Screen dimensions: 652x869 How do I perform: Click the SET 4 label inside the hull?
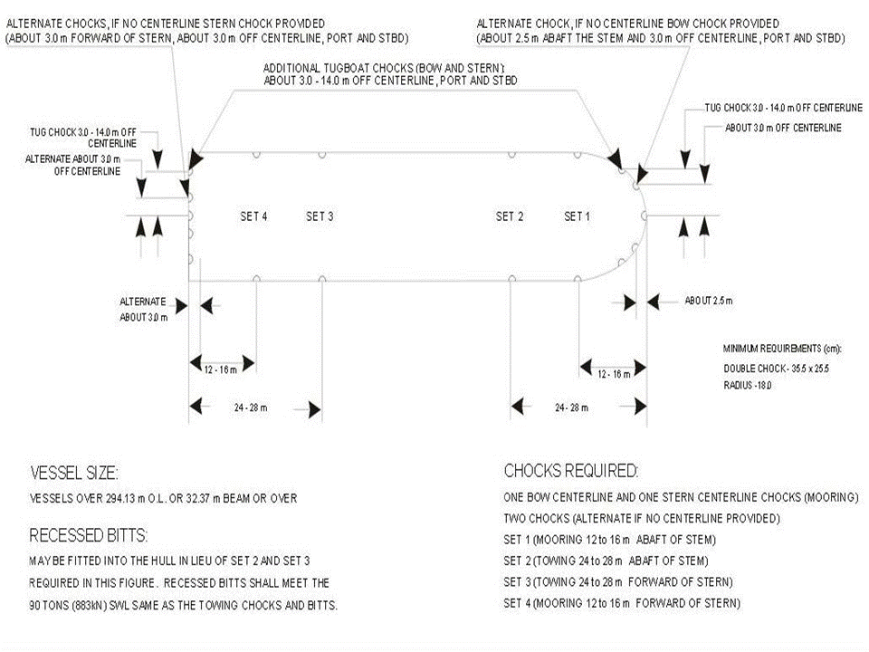(x=253, y=216)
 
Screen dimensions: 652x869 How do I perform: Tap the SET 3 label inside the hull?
(x=320, y=216)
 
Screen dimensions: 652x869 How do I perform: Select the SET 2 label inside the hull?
(x=510, y=216)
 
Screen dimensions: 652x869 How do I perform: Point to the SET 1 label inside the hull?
(x=578, y=216)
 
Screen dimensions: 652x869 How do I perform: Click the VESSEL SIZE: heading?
(x=74, y=473)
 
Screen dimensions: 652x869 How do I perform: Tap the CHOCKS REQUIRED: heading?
(x=570, y=471)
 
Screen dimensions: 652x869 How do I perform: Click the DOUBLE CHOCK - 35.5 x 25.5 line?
(x=776, y=368)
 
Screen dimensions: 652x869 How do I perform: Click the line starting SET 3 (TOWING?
(x=617, y=581)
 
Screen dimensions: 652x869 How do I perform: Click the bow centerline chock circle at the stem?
(x=644, y=216)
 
